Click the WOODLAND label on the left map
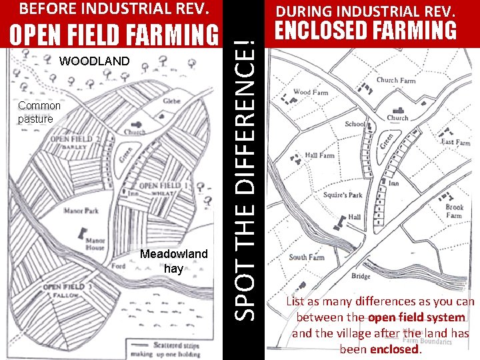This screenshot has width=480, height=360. pyautogui.click(x=95, y=61)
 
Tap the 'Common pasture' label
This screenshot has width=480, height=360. pyautogui.click(x=39, y=112)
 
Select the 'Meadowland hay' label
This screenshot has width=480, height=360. pyautogui.click(x=173, y=261)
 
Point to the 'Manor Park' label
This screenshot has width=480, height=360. pyautogui.click(x=81, y=211)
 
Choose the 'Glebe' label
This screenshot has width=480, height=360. pyautogui.click(x=171, y=101)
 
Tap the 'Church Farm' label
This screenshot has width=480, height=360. pyautogui.click(x=395, y=80)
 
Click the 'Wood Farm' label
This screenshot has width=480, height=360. pyautogui.click(x=311, y=93)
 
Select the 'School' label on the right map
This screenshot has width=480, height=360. pyautogui.click(x=355, y=124)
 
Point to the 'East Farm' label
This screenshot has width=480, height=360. pyautogui.click(x=455, y=143)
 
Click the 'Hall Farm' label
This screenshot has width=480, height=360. pyautogui.click(x=319, y=155)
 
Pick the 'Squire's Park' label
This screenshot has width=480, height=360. pyautogui.click(x=343, y=195)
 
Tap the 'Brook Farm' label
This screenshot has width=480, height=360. pyautogui.click(x=454, y=211)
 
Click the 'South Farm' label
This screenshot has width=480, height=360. pyautogui.click(x=306, y=257)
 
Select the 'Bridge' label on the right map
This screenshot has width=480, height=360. pyautogui.click(x=360, y=277)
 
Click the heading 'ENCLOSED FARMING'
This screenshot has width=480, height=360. pyautogui.click(x=366, y=31)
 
